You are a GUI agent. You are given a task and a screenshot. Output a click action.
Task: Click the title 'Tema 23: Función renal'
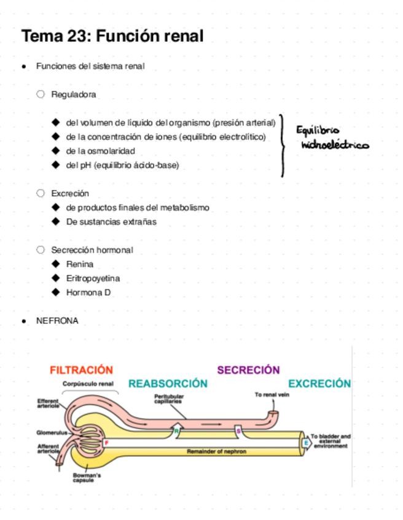(112, 36)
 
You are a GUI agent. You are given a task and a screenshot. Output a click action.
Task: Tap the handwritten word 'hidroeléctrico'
(335, 145)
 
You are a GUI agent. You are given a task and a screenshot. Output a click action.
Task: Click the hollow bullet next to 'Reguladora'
(41, 94)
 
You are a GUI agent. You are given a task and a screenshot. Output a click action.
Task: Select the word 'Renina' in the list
(80, 264)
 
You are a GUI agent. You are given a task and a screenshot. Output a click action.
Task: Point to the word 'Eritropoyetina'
(93, 278)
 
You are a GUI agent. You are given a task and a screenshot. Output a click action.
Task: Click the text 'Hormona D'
(88, 292)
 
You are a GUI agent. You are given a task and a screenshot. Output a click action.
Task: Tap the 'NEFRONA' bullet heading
(57, 321)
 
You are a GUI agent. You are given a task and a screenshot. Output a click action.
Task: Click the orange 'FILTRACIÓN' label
(81, 370)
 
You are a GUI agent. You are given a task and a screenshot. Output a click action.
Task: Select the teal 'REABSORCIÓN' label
(168, 384)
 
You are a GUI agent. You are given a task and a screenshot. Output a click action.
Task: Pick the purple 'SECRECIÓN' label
(248, 370)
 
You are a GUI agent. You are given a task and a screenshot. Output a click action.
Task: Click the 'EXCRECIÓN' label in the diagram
(319, 384)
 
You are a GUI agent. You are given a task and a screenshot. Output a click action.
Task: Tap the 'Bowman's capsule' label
(87, 478)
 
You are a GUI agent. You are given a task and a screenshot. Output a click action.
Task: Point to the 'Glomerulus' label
(50, 432)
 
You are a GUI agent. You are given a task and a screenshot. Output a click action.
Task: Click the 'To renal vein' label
(272, 395)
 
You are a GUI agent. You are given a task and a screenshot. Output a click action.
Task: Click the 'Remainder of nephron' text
(216, 451)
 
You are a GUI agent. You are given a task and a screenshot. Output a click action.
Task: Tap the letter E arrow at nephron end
(305, 442)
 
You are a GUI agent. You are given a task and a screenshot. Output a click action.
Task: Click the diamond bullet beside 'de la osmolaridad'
(57, 151)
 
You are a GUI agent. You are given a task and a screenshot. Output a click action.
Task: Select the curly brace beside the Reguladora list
(283, 145)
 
